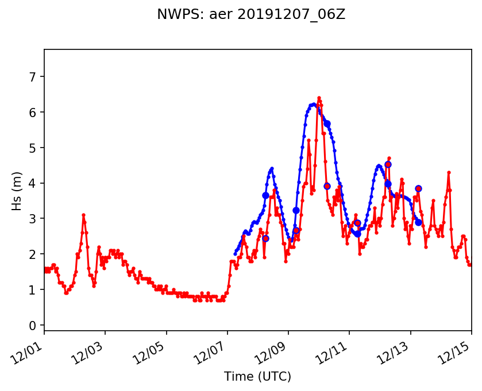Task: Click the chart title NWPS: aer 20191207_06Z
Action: click(251, 14)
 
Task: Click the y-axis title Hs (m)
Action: click(17, 190)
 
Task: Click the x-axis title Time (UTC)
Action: click(257, 377)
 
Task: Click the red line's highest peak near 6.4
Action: click(319, 98)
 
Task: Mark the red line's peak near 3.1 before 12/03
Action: click(83, 215)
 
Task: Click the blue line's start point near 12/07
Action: click(235, 254)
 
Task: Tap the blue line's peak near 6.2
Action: click(314, 104)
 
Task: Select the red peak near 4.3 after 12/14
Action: click(449, 172)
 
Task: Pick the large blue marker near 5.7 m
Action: click(327, 123)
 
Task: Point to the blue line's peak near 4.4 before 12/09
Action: click(272, 168)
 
